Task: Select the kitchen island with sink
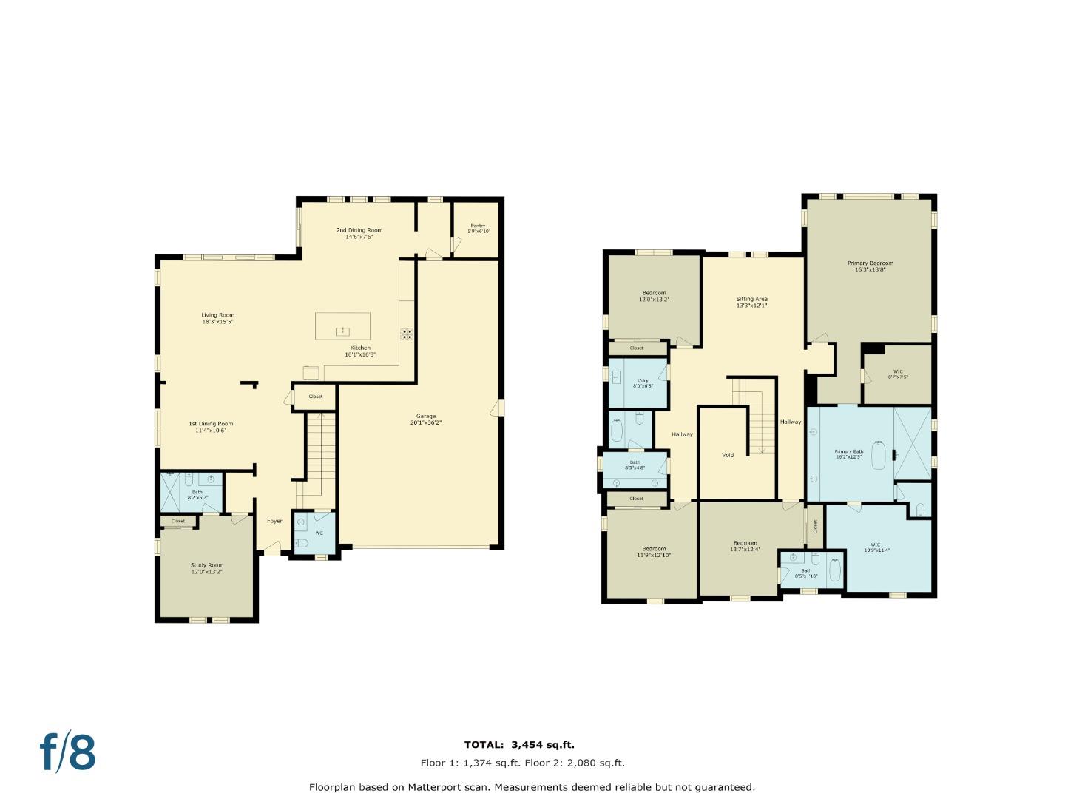pos(342,326)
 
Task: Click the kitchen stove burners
pos(407,334)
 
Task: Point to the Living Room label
pos(217,318)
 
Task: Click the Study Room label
pos(206,568)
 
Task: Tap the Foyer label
pos(274,521)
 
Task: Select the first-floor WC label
pos(319,533)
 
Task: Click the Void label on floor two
pos(728,455)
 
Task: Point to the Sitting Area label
pos(751,302)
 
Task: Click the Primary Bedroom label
pos(870,266)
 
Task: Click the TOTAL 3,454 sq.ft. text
pos(519,745)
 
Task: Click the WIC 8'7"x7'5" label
pos(898,374)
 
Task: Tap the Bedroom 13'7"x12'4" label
pos(745,545)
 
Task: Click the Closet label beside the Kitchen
pos(316,397)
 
